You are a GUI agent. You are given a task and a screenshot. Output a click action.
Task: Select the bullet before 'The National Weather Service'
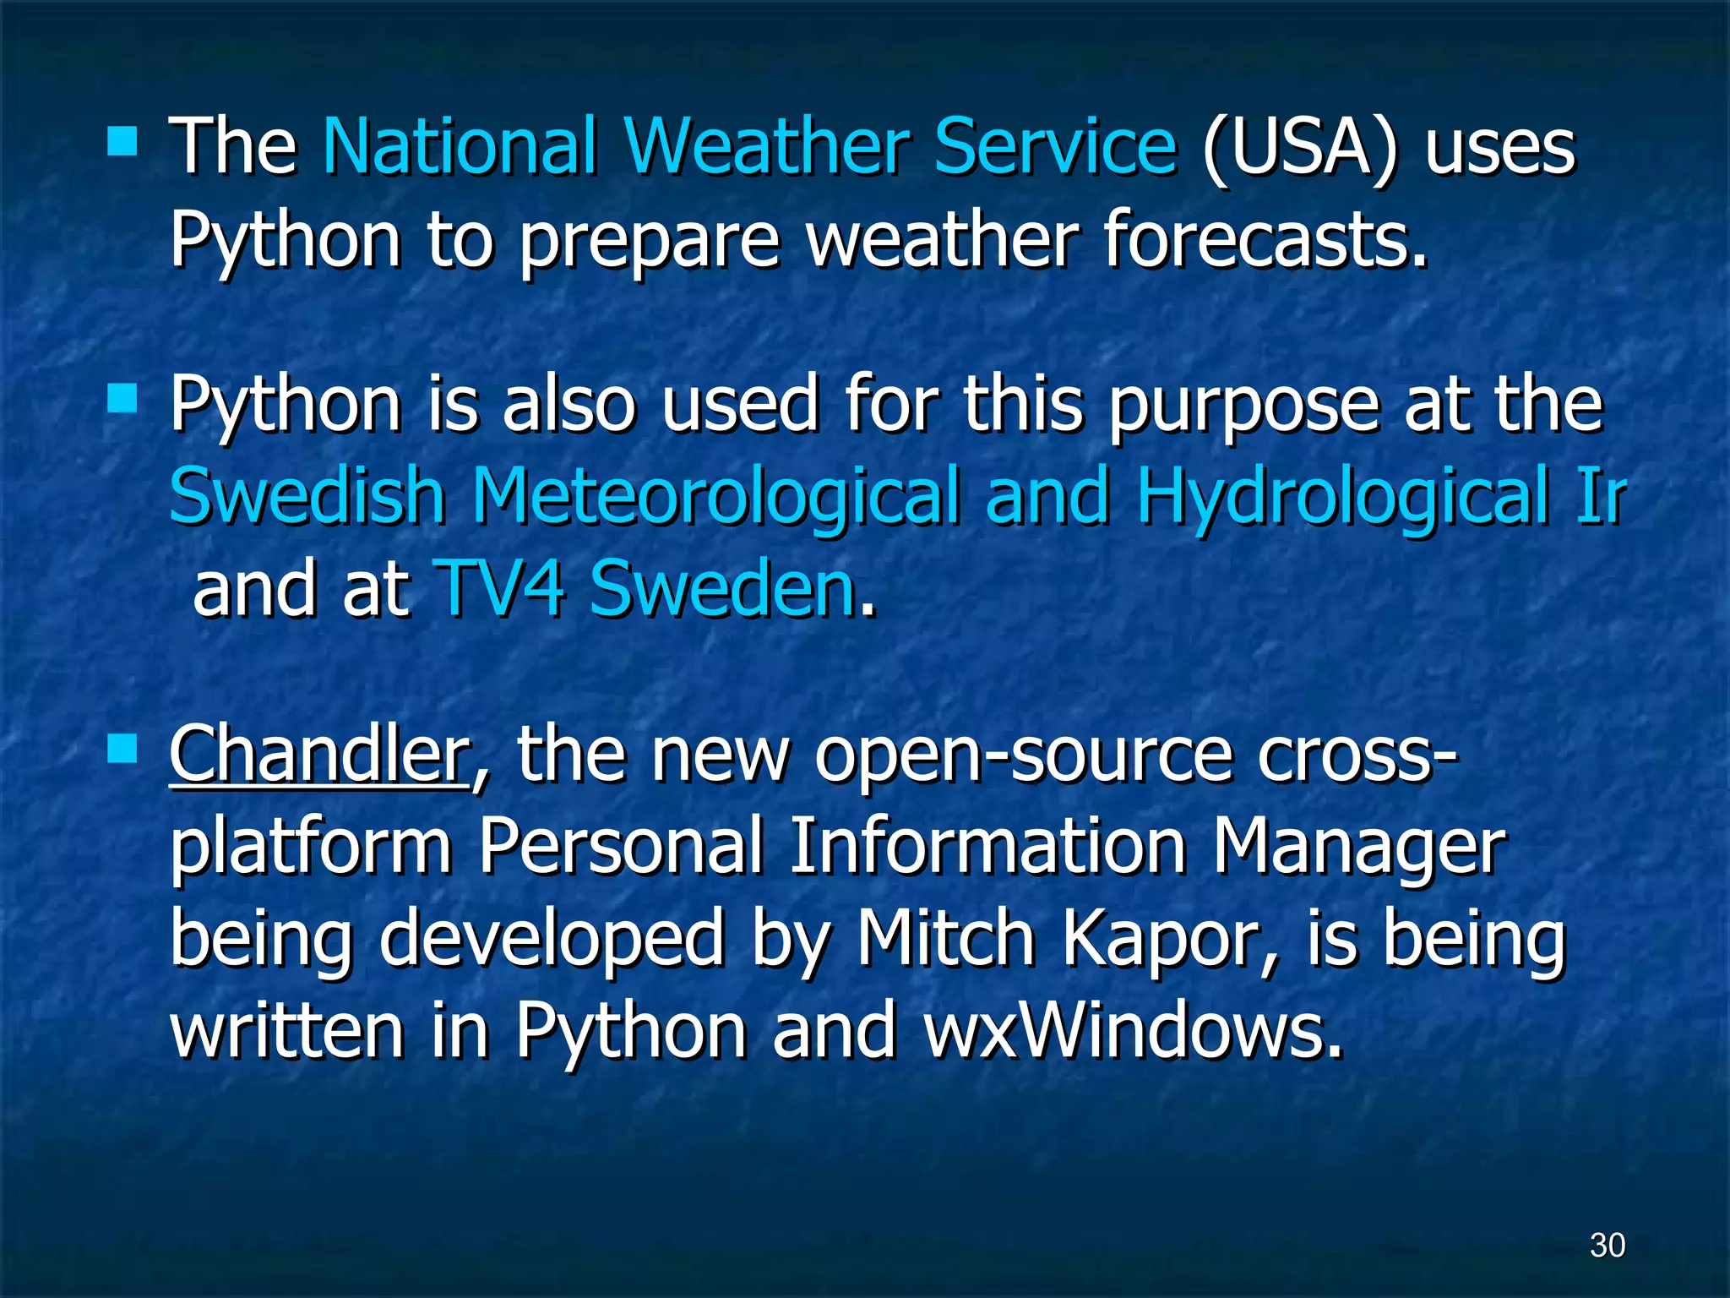[122, 141]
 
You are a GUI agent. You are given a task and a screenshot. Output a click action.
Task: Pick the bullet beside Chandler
[122, 747]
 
